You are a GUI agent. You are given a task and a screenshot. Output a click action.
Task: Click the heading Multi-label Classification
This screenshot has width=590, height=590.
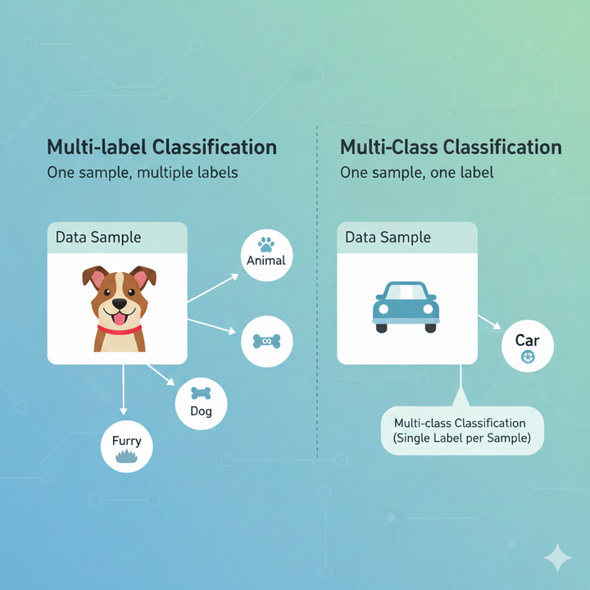[x=161, y=147]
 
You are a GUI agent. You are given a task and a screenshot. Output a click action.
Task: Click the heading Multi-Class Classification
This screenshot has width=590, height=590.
[x=451, y=147]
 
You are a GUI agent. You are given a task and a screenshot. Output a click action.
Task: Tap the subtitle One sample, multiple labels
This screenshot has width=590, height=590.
[x=143, y=174]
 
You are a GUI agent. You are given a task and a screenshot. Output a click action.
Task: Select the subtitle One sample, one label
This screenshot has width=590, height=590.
[x=416, y=174]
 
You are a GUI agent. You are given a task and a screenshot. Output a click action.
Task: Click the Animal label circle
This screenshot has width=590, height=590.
[x=265, y=254]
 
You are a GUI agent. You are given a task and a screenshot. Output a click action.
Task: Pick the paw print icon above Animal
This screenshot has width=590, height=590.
[x=265, y=243]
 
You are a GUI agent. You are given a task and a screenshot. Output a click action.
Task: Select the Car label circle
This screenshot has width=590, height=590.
[x=527, y=347]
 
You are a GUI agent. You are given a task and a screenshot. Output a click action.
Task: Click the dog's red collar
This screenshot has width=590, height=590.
[x=120, y=329]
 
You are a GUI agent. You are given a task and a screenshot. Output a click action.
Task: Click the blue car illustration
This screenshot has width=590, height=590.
[x=406, y=306]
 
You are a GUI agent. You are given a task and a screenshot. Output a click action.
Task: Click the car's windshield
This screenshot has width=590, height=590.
[x=406, y=293]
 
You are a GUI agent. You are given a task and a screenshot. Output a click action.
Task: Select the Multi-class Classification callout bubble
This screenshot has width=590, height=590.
[x=460, y=431]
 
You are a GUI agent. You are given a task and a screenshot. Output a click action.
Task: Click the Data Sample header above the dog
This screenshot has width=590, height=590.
[x=117, y=238]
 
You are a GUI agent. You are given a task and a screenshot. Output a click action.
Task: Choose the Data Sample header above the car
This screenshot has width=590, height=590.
[x=407, y=238]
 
